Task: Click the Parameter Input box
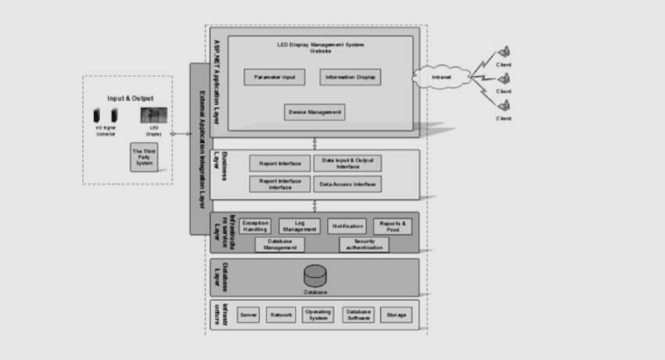[x=275, y=77]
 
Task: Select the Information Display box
[x=350, y=77]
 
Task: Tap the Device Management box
[x=315, y=112]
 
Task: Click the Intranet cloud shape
[x=441, y=77]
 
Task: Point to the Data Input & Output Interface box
[x=348, y=163]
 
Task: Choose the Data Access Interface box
[x=348, y=185]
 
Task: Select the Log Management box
[x=299, y=225]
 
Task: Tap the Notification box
[x=347, y=225]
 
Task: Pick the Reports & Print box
[x=392, y=225]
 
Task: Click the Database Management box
[x=279, y=245]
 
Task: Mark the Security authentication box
[x=364, y=245]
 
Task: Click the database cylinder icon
[x=315, y=276]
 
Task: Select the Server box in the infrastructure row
[x=249, y=315]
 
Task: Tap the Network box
[x=281, y=315]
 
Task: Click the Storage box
[x=396, y=315]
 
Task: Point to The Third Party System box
[x=144, y=157]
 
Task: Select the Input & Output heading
[x=130, y=98]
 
